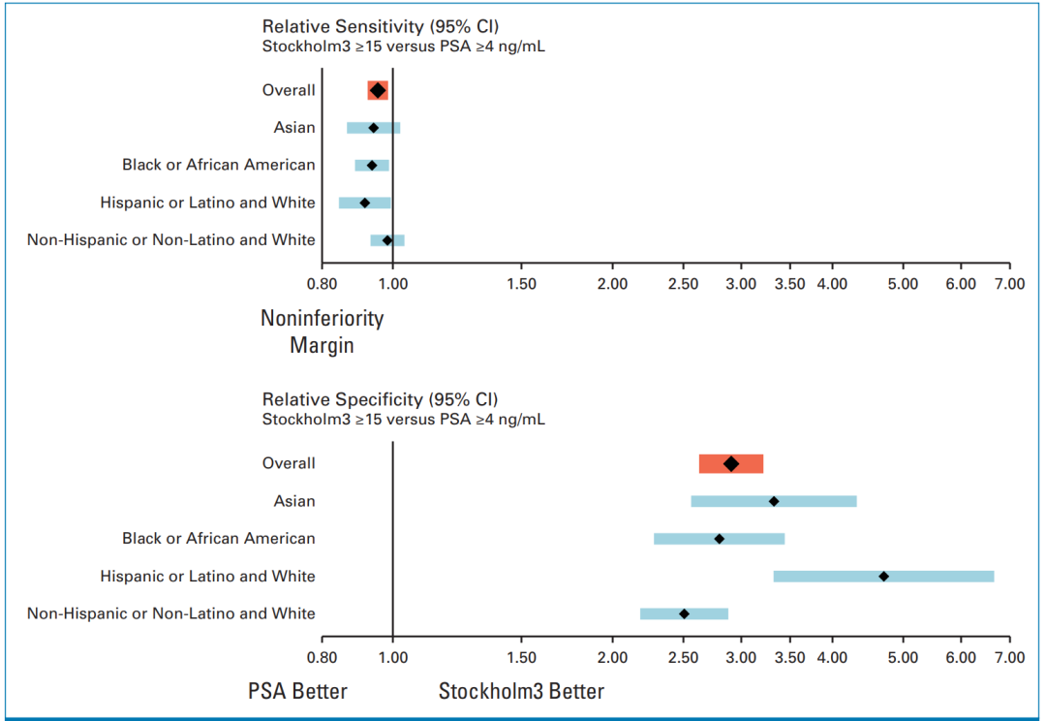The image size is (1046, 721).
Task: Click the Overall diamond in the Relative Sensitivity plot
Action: [378, 90]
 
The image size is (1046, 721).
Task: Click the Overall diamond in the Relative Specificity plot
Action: [731, 464]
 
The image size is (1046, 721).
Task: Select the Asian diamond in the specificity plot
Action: [774, 501]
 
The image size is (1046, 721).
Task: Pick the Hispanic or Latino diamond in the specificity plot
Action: [883, 577]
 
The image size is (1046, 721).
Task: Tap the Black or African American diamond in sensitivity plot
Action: [372, 166]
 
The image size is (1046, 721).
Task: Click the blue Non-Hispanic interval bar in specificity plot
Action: [684, 613]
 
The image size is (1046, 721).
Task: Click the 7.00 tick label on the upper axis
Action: [1008, 283]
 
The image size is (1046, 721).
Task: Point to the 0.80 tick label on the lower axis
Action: [323, 657]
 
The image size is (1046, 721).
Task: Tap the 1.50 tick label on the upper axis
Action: [521, 283]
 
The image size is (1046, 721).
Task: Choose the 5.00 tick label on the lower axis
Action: [903, 657]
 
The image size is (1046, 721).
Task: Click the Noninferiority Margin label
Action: [322, 331]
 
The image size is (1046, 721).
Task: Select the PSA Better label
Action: [297, 691]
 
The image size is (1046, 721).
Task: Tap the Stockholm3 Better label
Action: [521, 691]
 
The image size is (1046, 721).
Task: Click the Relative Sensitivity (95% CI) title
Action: [380, 26]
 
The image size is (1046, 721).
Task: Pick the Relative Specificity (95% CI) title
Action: [380, 399]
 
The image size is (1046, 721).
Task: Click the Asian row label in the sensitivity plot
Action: [294, 128]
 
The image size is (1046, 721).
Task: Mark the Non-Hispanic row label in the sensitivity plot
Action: [171, 240]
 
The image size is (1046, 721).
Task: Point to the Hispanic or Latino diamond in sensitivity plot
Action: [365, 203]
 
